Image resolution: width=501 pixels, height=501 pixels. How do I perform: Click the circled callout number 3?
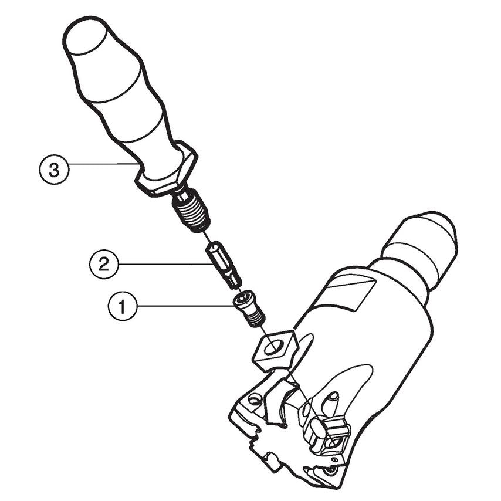click(54, 170)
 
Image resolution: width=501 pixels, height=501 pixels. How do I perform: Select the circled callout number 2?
click(104, 264)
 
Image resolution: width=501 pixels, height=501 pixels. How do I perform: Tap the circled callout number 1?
click(123, 306)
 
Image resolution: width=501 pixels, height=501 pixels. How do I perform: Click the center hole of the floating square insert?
click(273, 347)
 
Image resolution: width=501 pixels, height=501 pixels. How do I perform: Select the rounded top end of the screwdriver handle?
click(86, 35)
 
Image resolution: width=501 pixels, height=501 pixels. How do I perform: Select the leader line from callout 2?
click(166, 264)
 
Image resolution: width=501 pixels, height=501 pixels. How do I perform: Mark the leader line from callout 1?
click(187, 306)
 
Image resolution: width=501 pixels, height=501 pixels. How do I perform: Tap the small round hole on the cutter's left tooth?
click(254, 400)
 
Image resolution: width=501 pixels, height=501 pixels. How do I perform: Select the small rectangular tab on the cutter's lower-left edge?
click(271, 461)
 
